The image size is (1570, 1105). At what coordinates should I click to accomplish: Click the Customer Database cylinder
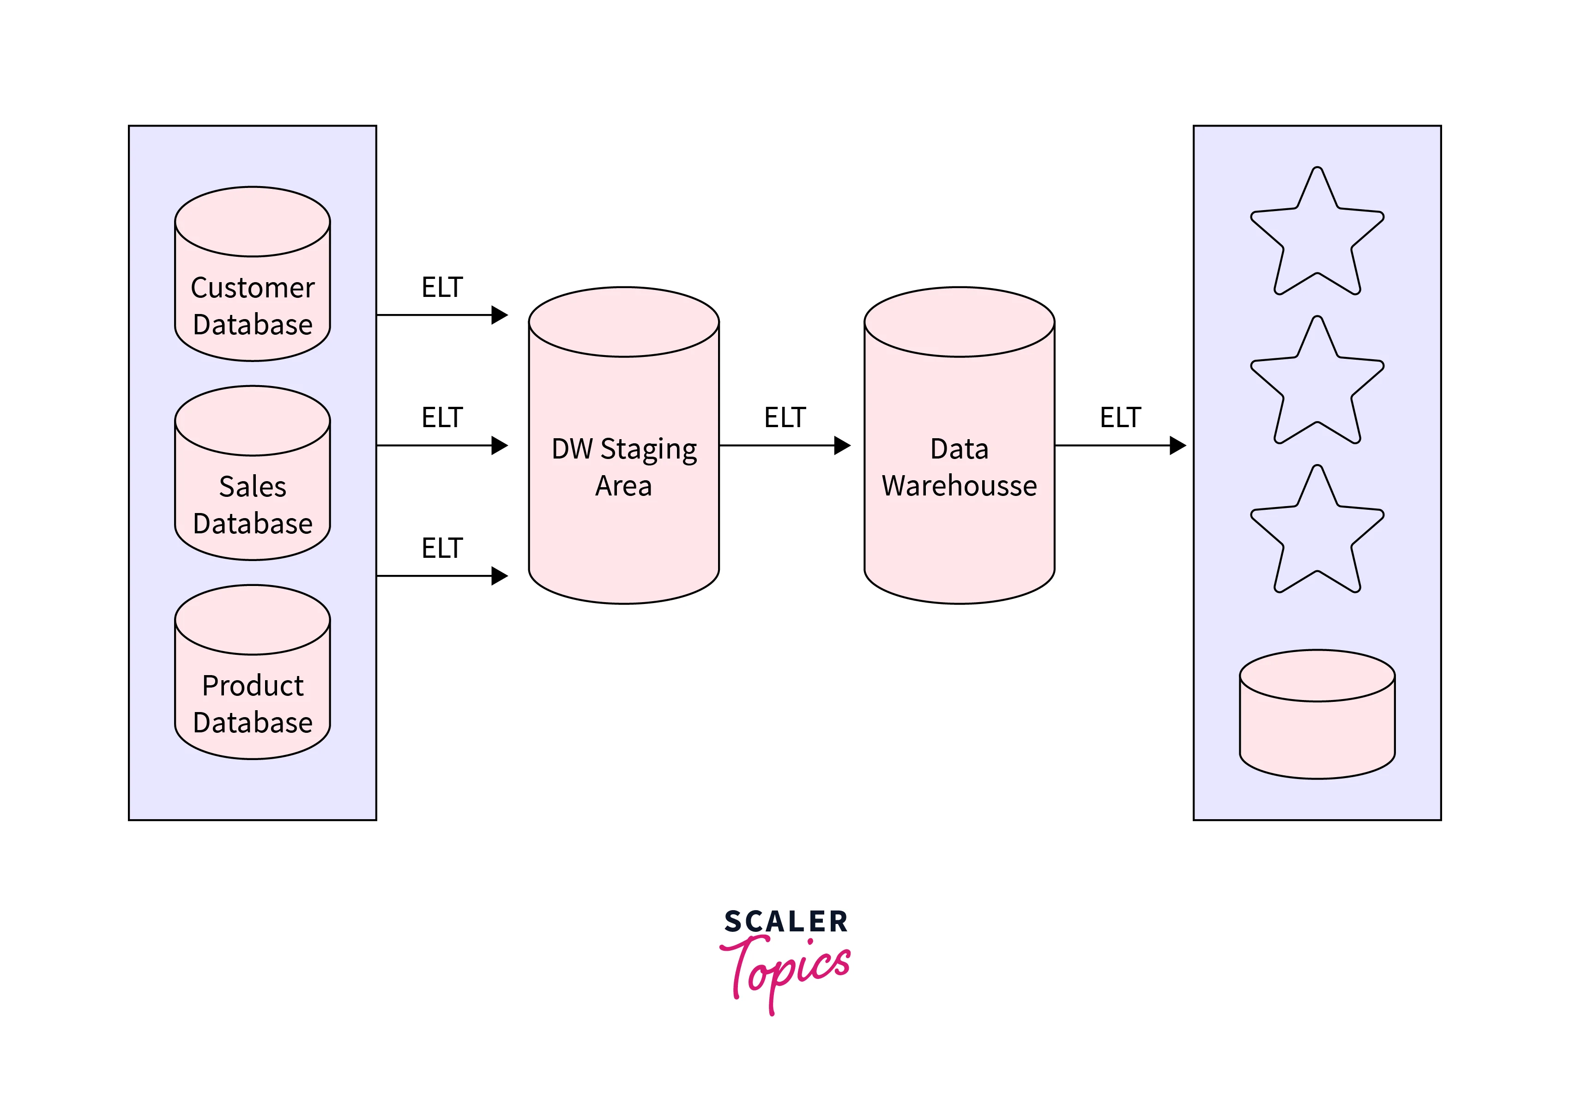pos(252,287)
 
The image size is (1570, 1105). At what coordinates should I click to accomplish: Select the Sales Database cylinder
pos(252,485)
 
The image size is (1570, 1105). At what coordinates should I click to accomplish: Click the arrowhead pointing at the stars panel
pos(1178,446)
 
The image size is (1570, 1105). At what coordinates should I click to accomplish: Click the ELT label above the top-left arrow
pos(442,287)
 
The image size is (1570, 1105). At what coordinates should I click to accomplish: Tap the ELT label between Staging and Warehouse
pos(785,417)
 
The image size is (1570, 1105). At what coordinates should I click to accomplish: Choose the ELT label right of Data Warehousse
pos(1120,417)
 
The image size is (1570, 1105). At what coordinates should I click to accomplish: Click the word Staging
pos(648,450)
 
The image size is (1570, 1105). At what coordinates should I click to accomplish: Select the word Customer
pos(252,288)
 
